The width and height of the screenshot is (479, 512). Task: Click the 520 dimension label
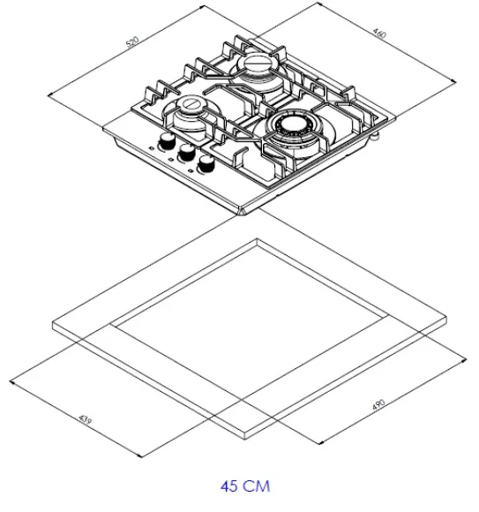[132, 42]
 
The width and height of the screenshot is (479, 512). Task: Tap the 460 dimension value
[379, 34]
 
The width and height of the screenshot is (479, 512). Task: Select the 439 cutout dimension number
[86, 420]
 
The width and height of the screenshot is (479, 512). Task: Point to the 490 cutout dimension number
[378, 405]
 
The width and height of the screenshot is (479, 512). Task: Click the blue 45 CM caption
[245, 486]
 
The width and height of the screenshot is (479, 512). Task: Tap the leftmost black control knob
[168, 141]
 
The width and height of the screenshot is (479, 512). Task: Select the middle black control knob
[186, 151]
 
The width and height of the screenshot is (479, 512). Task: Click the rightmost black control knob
[206, 162]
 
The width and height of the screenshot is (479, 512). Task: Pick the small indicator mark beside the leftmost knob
[152, 148]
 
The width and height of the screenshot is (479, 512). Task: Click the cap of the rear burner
[256, 63]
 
